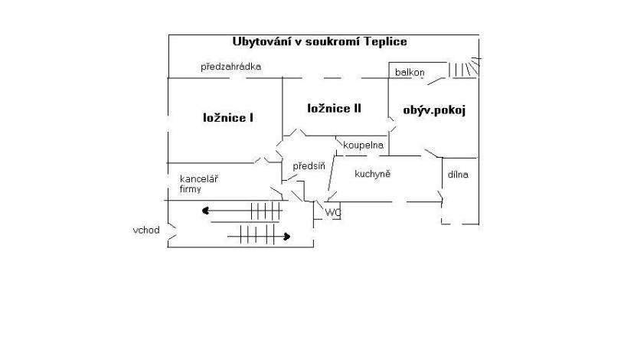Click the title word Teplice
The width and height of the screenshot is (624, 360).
click(381, 41)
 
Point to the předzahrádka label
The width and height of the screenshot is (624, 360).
click(231, 67)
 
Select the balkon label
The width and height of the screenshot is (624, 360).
click(410, 72)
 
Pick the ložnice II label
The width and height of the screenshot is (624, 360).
click(334, 108)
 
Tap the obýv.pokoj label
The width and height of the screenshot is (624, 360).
click(434, 110)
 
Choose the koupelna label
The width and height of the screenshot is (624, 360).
click(363, 145)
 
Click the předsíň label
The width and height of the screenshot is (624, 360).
click(309, 165)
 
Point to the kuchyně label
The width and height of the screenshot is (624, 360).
click(373, 174)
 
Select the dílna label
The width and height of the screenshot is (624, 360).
click(459, 175)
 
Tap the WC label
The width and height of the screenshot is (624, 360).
click(333, 212)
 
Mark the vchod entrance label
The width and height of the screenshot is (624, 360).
click(145, 229)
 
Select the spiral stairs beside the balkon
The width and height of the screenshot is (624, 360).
click(463, 69)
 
